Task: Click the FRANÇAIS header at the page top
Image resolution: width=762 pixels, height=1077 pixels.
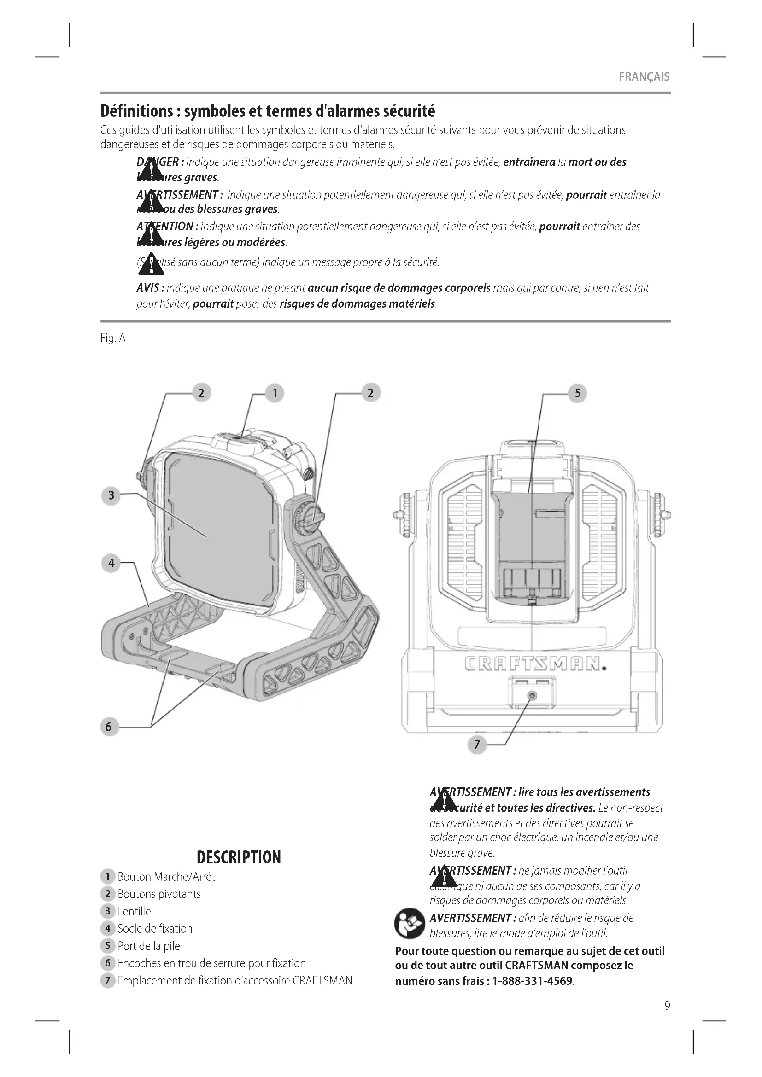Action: (x=644, y=77)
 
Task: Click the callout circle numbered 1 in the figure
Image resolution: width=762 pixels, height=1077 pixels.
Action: (x=275, y=393)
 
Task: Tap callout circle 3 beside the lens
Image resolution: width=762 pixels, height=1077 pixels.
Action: (x=111, y=495)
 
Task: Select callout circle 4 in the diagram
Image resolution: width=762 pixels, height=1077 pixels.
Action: (x=111, y=563)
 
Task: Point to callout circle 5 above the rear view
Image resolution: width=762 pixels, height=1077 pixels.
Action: (x=578, y=393)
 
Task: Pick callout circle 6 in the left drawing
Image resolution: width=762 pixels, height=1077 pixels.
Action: (x=108, y=727)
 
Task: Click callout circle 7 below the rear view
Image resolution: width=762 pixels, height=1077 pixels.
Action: (x=477, y=745)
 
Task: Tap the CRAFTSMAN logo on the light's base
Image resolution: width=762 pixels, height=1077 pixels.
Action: (x=534, y=664)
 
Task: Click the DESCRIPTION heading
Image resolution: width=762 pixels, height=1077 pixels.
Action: (x=238, y=857)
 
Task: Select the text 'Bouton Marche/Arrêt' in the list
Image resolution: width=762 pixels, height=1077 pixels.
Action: (x=166, y=877)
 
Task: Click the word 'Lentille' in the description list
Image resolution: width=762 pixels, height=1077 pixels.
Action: (x=134, y=911)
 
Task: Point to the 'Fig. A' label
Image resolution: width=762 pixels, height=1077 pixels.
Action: (x=112, y=338)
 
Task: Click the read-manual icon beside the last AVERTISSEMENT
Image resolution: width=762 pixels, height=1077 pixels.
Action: (x=409, y=923)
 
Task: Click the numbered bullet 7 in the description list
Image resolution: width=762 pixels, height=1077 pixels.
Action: (x=107, y=980)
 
